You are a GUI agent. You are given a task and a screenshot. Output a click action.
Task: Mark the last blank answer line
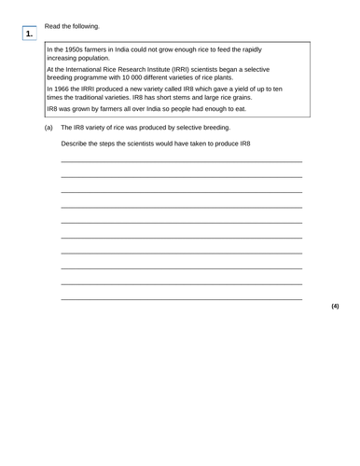[181, 298]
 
